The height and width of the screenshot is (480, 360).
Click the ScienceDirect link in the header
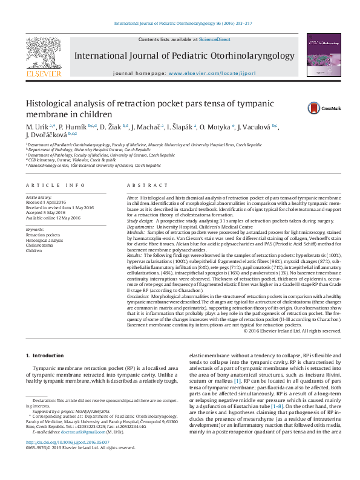216,39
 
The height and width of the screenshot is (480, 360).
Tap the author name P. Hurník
73,126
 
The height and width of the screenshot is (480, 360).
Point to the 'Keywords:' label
35,230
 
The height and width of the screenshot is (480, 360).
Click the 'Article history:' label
39,198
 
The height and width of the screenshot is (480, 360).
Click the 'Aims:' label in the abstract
133,198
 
